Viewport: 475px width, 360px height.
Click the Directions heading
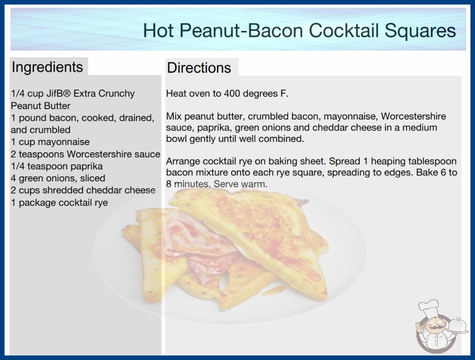click(x=199, y=68)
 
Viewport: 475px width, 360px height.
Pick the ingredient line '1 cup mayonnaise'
click(x=50, y=142)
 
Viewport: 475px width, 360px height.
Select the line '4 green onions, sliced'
click(x=58, y=178)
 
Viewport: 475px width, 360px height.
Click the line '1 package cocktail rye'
click(x=59, y=203)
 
